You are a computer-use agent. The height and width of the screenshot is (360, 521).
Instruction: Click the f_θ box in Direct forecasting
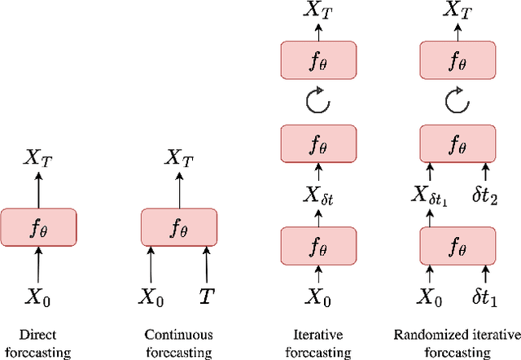[x=38, y=227]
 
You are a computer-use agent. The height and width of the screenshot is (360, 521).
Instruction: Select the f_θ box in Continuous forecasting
[x=179, y=227]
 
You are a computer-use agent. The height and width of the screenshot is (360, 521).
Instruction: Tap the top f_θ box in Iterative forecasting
[x=318, y=60]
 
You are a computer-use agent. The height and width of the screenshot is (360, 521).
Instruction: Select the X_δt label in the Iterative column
[x=318, y=196]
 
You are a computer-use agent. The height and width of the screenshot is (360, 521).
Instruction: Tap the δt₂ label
[x=485, y=196]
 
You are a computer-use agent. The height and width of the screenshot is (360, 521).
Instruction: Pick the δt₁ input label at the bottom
[x=485, y=300]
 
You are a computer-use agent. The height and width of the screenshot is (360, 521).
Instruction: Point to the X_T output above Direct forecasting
[x=38, y=156]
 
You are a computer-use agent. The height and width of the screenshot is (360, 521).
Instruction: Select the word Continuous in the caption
[x=178, y=334]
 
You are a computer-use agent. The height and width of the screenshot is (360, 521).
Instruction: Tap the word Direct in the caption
[x=38, y=334]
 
